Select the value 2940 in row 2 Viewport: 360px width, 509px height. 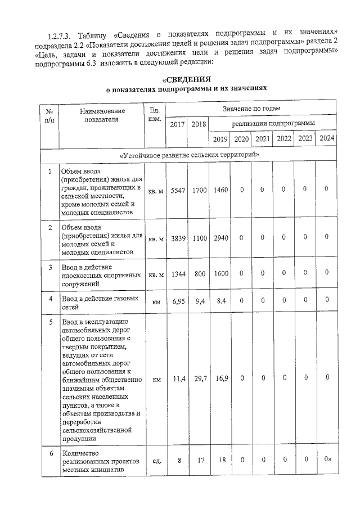(220, 238)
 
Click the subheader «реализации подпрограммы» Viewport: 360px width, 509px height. (273, 123)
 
